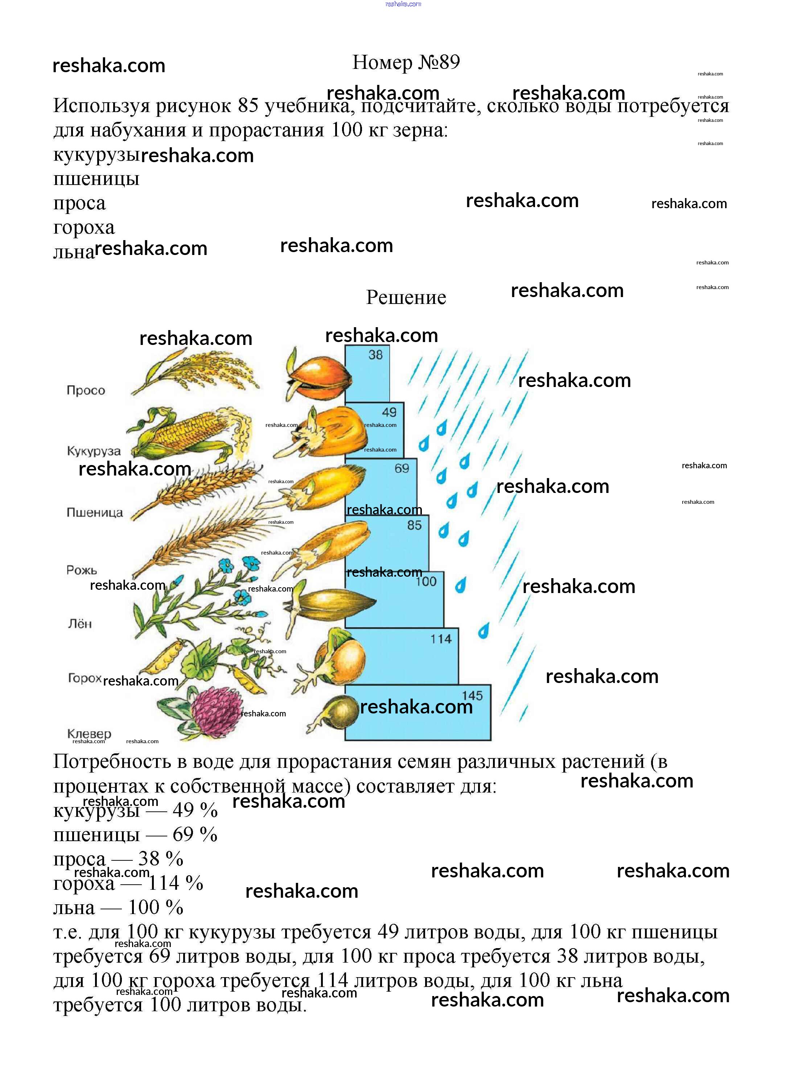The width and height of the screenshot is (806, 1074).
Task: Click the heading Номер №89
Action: point(406,62)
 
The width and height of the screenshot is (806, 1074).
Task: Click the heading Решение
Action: point(406,297)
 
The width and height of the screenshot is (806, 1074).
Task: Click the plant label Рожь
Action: point(82,570)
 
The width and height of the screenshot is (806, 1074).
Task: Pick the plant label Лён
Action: point(80,624)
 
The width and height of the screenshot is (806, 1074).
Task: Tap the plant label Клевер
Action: point(89,734)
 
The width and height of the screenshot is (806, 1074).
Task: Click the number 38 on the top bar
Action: point(375,355)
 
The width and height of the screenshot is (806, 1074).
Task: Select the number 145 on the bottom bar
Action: point(472,696)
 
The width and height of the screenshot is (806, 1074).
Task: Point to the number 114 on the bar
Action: point(441,639)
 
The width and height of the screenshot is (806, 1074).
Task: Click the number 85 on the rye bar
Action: point(414,525)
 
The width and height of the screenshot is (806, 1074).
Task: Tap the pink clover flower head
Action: point(217,710)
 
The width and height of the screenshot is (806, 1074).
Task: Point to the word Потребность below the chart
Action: point(112,761)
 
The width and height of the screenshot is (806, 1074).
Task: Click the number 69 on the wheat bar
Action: point(402,469)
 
